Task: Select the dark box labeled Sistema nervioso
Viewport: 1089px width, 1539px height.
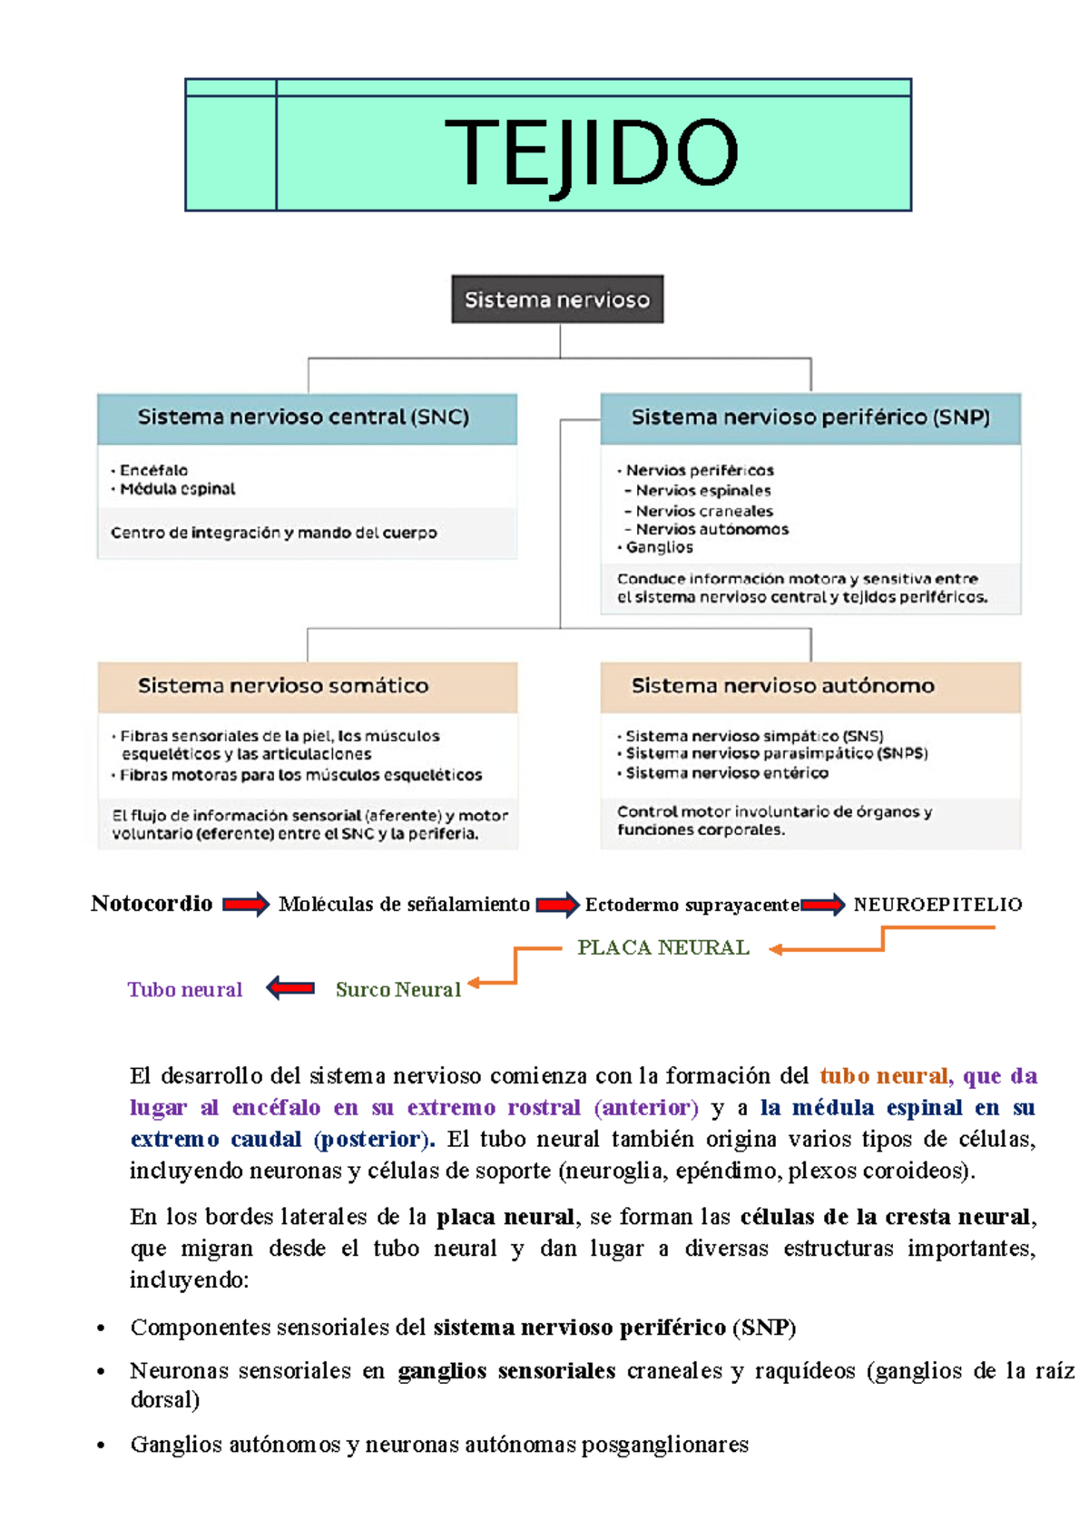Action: pyautogui.click(x=557, y=299)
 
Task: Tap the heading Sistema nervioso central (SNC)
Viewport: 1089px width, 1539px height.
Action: pyautogui.click(x=303, y=417)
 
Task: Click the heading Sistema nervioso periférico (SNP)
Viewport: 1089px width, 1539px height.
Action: pyautogui.click(x=810, y=417)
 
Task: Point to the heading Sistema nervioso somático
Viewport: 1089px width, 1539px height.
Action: pyautogui.click(x=283, y=686)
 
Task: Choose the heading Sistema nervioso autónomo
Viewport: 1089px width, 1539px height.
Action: pyautogui.click(x=782, y=686)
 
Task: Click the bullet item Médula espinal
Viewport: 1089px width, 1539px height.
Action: pyautogui.click(x=178, y=489)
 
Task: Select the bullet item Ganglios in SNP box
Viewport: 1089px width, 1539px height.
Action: pyautogui.click(x=660, y=547)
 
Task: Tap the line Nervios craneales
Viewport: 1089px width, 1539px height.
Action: pyautogui.click(x=704, y=511)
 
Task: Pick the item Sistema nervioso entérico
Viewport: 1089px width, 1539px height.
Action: pyautogui.click(x=727, y=773)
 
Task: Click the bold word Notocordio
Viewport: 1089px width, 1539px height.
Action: pyautogui.click(x=152, y=904)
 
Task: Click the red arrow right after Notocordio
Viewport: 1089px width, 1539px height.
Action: pyautogui.click(x=246, y=905)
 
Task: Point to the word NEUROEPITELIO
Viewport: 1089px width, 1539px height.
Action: pyautogui.click(x=937, y=905)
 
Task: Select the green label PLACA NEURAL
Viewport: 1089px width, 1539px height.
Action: pyautogui.click(x=663, y=948)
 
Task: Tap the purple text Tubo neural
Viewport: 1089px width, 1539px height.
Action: pyautogui.click(x=185, y=990)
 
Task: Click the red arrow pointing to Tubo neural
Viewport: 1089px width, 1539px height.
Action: pyautogui.click(x=290, y=988)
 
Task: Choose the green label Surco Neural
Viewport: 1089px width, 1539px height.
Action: pyautogui.click(x=398, y=990)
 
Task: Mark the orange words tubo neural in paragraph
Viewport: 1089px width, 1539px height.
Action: pyautogui.click(x=884, y=1076)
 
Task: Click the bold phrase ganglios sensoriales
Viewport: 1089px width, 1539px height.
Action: pyautogui.click(x=506, y=1371)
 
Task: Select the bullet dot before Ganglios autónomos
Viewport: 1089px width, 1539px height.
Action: pyautogui.click(x=102, y=1446)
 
